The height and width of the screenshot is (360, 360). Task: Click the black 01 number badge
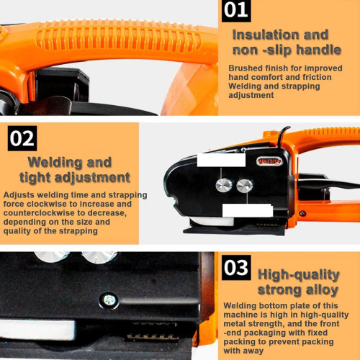(x=236, y=11)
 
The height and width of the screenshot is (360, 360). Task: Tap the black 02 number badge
(x=22, y=138)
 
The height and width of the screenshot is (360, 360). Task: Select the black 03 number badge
(x=236, y=268)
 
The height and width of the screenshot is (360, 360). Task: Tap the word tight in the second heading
(x=35, y=178)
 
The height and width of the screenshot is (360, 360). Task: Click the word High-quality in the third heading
(x=299, y=275)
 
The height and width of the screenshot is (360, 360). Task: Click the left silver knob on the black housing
(x=224, y=185)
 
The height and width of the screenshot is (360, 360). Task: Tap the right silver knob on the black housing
(x=245, y=186)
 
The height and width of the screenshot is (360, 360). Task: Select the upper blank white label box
(x=221, y=160)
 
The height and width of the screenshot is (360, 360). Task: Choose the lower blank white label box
(x=248, y=210)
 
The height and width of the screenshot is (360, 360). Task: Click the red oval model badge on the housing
(x=269, y=161)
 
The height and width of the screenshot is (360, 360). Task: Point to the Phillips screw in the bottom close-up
(x=109, y=300)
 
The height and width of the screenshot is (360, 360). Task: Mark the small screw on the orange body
(x=302, y=213)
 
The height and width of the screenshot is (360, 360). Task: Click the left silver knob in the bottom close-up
(x=52, y=257)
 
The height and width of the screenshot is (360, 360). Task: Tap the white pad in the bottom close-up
(x=37, y=329)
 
